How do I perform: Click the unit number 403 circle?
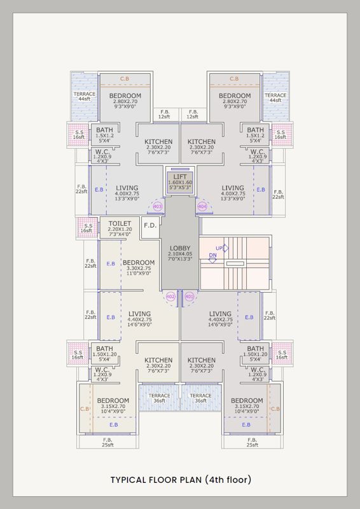coord(158,206)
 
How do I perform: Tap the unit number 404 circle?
coord(202,206)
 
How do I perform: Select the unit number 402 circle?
coord(170,296)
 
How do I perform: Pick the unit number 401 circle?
coord(190,296)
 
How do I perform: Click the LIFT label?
coord(180,177)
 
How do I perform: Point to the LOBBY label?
coord(180,248)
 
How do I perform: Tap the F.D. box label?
coord(150,225)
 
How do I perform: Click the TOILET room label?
coord(120,224)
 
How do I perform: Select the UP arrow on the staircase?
coord(225,248)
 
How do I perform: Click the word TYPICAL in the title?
coord(129,480)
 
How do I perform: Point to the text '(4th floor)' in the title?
coord(228,480)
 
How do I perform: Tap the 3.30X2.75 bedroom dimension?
coord(138,268)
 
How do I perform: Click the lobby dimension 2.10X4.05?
coord(180,254)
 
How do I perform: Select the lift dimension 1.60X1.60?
coord(180,183)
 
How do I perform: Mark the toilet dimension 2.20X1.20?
coord(120,229)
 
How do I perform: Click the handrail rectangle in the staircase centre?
coord(235,264)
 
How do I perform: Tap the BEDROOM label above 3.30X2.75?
coord(139,263)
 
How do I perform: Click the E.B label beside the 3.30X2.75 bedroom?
coord(111,264)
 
